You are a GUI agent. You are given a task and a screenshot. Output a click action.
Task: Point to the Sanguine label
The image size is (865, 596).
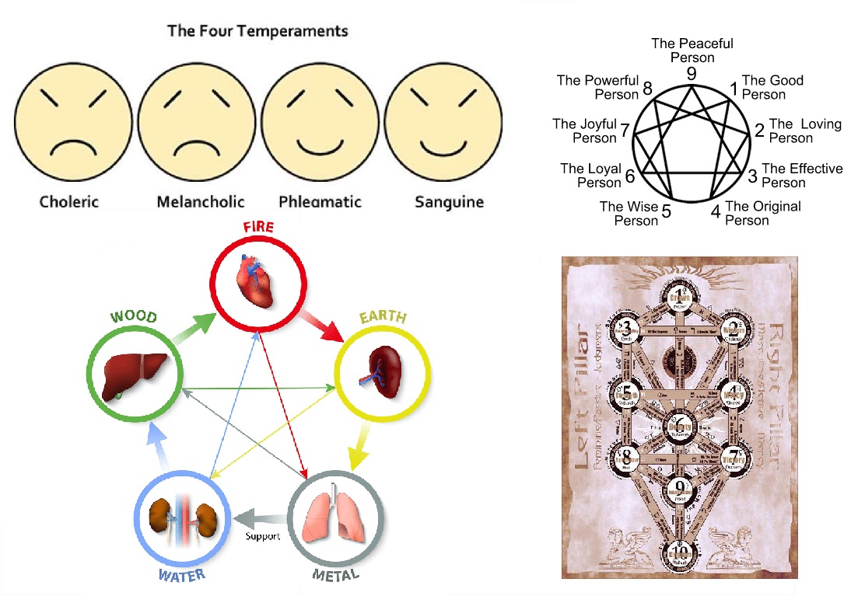449,202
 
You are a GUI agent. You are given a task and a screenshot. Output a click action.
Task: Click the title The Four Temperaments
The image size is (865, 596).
257,32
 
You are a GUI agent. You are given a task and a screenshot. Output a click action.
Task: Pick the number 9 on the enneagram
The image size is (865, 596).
691,73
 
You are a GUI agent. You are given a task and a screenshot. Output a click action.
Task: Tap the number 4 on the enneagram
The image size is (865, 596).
715,211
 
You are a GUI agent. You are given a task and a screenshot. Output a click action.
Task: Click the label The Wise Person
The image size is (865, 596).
629,214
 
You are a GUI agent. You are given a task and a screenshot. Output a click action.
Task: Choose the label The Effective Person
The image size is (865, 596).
802,176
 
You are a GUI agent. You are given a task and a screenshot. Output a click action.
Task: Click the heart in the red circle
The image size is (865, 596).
256,281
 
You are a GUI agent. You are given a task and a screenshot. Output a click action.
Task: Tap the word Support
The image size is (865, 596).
262,537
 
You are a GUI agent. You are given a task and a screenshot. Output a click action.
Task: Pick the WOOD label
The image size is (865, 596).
133,318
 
